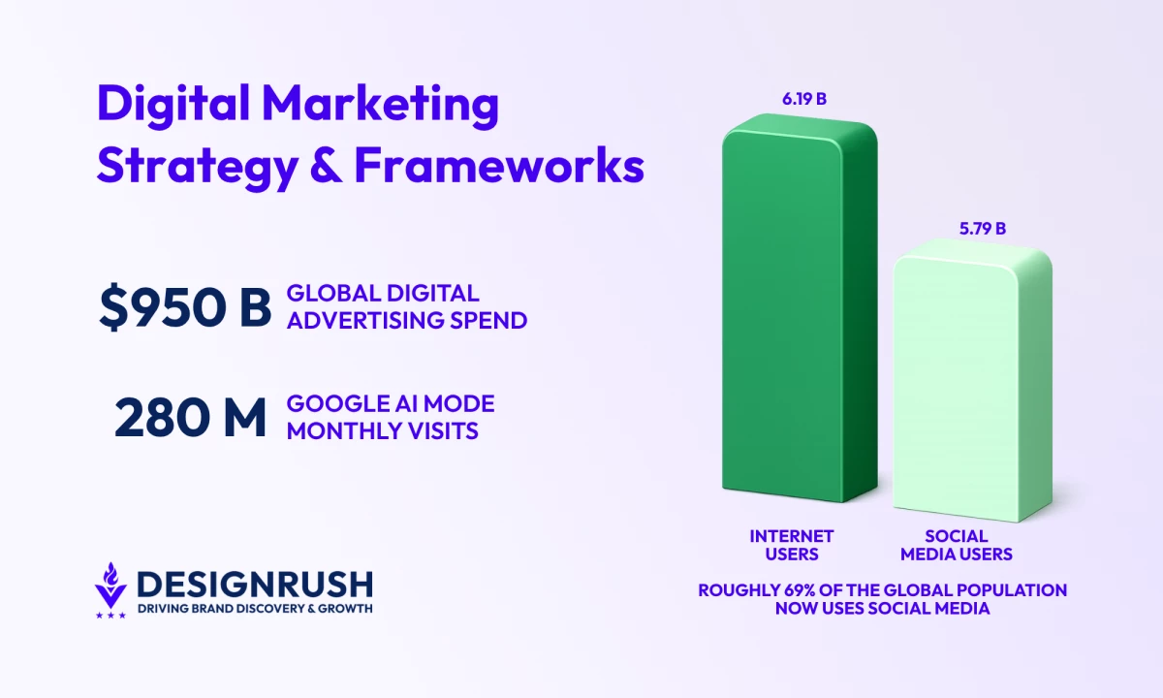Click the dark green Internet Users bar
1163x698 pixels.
click(800, 308)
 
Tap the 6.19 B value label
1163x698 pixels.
click(804, 99)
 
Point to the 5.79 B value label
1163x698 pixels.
click(983, 229)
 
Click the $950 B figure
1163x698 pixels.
click(185, 307)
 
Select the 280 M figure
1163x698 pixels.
click(190, 418)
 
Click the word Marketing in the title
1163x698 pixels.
click(380, 104)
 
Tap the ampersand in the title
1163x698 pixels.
click(326, 166)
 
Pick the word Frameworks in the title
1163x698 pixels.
click(499, 165)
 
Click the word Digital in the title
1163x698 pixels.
click(173, 103)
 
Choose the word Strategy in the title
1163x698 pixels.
click(198, 167)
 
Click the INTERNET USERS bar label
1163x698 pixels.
click(792, 545)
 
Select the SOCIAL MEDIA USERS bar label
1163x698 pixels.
click(957, 545)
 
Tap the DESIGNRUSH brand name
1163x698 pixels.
click(255, 585)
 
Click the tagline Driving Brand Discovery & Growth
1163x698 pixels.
click(255, 608)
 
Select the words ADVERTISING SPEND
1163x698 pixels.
click(407, 321)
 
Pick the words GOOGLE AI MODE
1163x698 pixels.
click(391, 404)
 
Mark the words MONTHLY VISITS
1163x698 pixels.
click(382, 431)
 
